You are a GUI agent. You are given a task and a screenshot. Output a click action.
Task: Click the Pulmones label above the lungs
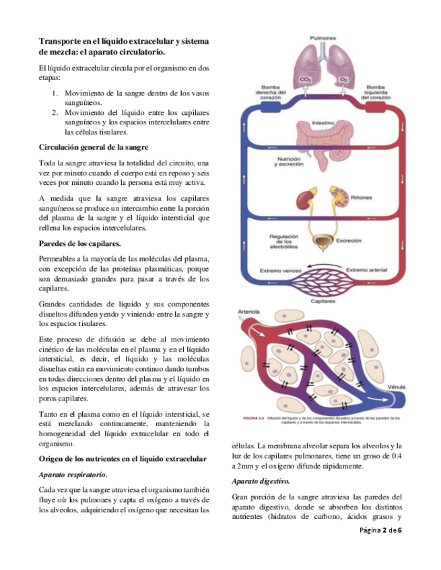[x=324, y=38]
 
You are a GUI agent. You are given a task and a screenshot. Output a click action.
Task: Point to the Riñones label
[x=361, y=198]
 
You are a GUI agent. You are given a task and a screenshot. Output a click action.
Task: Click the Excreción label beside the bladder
[x=349, y=240]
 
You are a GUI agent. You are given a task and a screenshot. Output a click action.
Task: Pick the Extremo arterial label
[x=366, y=270]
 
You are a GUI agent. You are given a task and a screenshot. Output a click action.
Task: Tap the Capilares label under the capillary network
[x=323, y=302]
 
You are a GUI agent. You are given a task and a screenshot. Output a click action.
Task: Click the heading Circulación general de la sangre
[x=93, y=147]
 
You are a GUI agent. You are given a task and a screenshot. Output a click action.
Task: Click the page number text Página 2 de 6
[x=380, y=531]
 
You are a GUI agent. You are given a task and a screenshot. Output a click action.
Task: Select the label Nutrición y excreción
[x=274, y=163]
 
